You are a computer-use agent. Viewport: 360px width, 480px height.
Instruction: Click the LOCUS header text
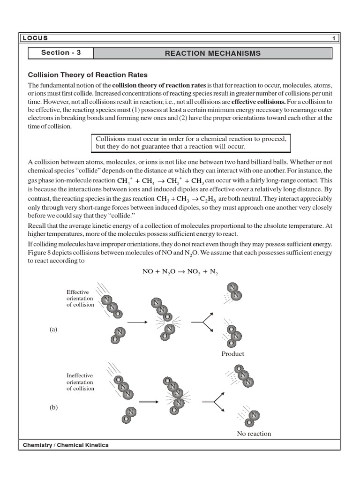[36, 38]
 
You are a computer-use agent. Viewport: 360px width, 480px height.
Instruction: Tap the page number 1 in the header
[334, 38]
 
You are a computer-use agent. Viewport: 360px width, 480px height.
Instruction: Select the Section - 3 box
[61, 53]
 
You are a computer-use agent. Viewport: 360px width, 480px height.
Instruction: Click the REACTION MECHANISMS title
[212, 53]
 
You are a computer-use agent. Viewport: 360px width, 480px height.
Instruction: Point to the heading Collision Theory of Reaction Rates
[88, 75]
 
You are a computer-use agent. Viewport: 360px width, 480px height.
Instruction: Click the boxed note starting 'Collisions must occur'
[191, 143]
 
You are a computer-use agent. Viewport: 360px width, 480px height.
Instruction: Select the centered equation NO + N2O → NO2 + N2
[180, 272]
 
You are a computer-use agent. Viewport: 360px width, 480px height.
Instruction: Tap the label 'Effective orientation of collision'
[80, 298]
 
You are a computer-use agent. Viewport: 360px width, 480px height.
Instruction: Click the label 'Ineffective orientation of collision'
[80, 382]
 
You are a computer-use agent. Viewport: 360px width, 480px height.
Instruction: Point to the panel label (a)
[53, 330]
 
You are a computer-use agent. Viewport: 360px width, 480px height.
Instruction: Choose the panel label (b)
[53, 408]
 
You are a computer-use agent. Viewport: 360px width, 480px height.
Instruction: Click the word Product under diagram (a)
[232, 354]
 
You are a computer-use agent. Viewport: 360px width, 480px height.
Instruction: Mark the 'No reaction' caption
[254, 434]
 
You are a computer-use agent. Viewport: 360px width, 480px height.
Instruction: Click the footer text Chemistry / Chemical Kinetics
[66, 445]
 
